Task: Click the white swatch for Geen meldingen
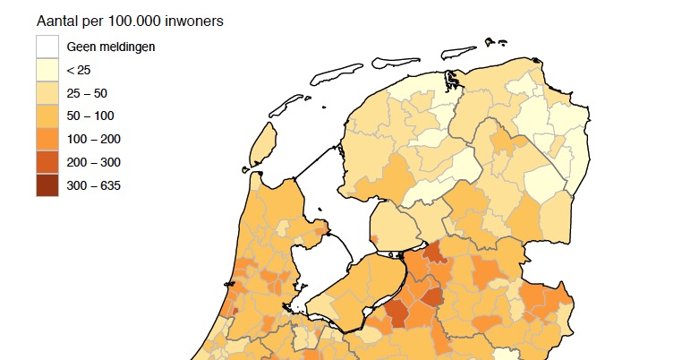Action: click(47, 47)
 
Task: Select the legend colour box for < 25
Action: click(47, 70)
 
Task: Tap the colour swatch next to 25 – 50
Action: click(47, 92)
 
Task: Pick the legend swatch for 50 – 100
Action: click(47, 116)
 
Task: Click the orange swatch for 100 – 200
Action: click(47, 139)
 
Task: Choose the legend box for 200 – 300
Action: click(47, 162)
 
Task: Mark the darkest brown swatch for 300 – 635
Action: click(47, 185)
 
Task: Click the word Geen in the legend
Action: click(81, 47)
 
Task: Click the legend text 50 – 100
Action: click(90, 116)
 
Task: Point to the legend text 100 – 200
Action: click(93, 139)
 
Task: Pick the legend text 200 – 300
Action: click(93, 162)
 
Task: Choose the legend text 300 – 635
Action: click(93, 185)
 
